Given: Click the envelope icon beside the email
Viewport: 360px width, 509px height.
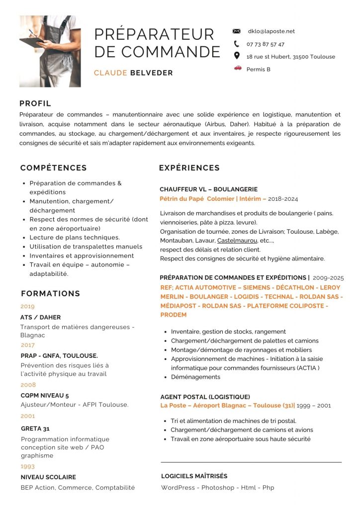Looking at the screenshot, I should coord(237,31).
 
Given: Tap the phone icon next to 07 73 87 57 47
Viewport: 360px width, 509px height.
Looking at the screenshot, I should coord(237,44).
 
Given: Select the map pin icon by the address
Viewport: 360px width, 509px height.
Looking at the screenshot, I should coord(237,56).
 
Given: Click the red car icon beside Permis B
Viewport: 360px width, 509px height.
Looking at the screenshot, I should coord(237,68).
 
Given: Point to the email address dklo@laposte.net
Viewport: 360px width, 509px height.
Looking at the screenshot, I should coord(271,31).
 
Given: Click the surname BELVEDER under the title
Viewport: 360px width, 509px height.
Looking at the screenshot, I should coord(152,73).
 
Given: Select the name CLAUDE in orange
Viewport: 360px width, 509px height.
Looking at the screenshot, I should coord(110,73).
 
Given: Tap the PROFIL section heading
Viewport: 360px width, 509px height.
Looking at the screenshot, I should coord(35,103).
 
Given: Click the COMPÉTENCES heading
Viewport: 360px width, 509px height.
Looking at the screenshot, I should coord(54,168).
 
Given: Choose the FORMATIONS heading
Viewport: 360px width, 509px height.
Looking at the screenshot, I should coord(50,293).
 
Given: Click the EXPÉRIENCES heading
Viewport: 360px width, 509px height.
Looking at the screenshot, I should coord(189,168).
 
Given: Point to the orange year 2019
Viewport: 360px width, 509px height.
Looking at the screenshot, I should coord(27,306).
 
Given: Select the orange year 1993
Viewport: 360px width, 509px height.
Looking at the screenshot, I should coord(27,466).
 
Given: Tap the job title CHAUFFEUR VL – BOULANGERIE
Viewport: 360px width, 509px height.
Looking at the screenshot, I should coord(208,189).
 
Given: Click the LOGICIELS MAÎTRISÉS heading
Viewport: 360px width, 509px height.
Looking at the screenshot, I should coord(194,476).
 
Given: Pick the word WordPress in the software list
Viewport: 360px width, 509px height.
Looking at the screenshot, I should coord(178,488).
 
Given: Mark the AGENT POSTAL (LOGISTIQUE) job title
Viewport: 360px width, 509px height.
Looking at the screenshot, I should coord(205,397).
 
